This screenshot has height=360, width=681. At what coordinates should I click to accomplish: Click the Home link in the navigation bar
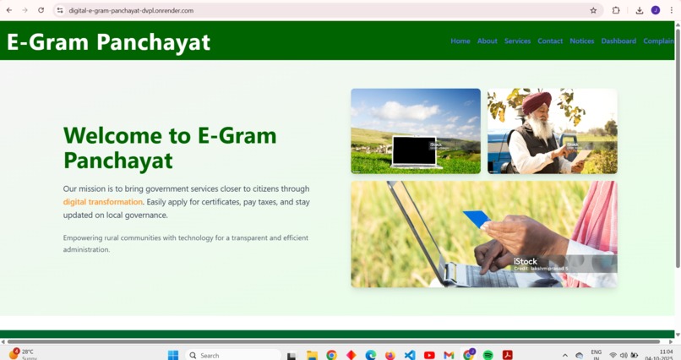pos(460,41)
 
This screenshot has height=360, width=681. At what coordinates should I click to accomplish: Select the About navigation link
pos(488,41)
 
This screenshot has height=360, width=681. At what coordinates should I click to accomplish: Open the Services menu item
pos(518,41)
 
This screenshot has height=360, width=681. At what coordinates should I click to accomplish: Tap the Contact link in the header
pos(550,41)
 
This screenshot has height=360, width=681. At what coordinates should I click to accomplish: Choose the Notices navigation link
pos(582,41)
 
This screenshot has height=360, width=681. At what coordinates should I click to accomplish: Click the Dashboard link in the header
pos(618,41)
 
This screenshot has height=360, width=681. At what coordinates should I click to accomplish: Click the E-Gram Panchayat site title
pos(109,42)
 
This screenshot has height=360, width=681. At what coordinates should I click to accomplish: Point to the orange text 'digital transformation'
pos(103,202)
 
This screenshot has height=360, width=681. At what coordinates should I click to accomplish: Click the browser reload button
pos(41,10)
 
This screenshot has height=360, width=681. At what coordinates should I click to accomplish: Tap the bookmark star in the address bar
pos(593,10)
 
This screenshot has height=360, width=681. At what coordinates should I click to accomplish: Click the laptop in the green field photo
pos(415,150)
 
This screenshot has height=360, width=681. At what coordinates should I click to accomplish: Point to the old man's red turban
pos(536,103)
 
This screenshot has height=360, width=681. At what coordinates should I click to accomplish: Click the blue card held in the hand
pos(477,219)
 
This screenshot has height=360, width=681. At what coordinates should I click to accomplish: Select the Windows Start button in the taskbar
pos(173,355)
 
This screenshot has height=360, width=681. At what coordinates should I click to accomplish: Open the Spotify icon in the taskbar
pos(488,355)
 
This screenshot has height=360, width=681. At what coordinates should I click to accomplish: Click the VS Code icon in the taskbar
pos(410,355)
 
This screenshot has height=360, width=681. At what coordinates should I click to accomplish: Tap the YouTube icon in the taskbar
pos(429,355)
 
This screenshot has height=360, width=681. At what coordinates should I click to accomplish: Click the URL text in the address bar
pos(132,10)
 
